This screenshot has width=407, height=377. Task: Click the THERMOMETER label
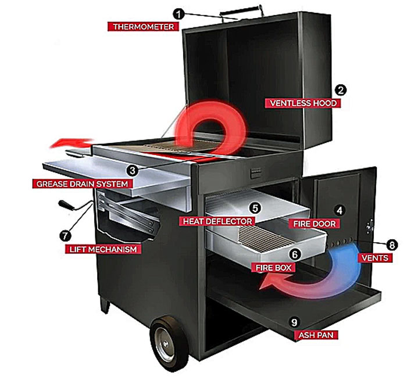coord(143,27)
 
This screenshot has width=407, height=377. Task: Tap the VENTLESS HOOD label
coord(303,103)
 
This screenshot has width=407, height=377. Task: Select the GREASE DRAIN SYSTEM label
coord(83,184)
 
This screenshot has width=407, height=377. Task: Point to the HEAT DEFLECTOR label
coord(217,221)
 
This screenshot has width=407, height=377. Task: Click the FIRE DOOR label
coord(315,224)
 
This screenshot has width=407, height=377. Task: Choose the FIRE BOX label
coord(273,267)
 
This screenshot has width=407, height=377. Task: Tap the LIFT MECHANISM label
coord(103,249)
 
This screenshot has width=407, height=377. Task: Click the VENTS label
coord(375,258)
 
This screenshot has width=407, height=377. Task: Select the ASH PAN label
coord(316,335)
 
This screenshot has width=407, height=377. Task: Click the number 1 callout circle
coord(179,14)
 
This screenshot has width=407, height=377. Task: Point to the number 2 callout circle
coord(340,90)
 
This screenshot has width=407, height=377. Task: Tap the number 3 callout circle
coord(133,171)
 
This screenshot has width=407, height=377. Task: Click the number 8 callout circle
coord(392,245)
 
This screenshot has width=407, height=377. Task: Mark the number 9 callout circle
coord(294,322)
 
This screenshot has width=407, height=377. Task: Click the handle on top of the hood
coord(242,12)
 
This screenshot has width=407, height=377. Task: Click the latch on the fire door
coord(370,226)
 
